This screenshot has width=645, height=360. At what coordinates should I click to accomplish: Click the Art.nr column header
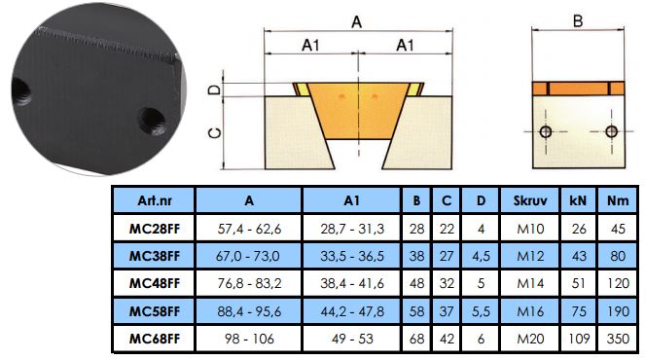click(155, 200)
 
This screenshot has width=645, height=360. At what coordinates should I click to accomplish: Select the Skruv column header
click(530, 200)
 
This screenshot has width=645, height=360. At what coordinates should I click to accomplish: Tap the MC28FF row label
click(155, 229)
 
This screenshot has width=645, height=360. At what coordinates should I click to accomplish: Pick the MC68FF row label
click(155, 339)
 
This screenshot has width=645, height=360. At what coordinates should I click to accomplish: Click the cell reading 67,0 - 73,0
click(248, 256)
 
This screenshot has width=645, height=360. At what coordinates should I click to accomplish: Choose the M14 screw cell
click(530, 283)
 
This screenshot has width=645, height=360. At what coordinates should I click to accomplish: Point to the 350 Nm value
click(618, 339)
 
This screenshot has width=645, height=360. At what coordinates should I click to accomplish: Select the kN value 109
click(579, 339)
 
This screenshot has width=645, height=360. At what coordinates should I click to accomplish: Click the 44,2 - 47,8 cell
click(352, 311)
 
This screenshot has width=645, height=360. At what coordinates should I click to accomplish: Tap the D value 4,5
click(481, 256)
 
